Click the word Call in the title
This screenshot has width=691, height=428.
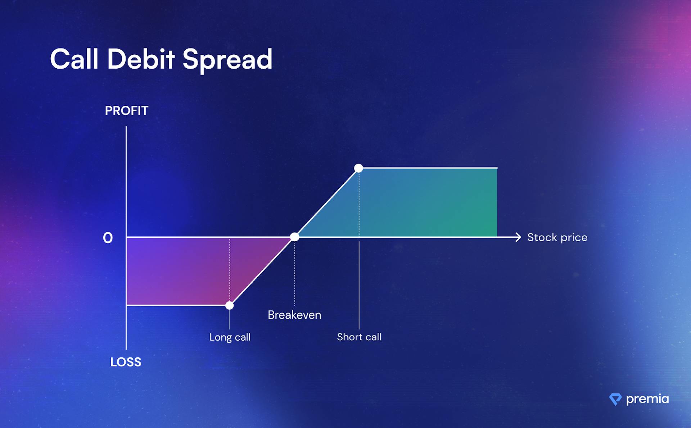(x=74, y=59)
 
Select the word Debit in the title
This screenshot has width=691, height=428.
(x=141, y=59)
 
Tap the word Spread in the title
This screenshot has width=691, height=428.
(x=227, y=60)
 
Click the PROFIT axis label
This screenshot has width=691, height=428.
(x=126, y=110)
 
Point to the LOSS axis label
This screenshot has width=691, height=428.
(x=126, y=362)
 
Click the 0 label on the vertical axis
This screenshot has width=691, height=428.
(x=108, y=238)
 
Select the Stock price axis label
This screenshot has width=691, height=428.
(x=557, y=238)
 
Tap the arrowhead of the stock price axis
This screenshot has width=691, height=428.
(x=518, y=237)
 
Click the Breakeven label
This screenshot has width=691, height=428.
(x=294, y=315)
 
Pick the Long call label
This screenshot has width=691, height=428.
(x=230, y=337)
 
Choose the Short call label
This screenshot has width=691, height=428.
(x=359, y=337)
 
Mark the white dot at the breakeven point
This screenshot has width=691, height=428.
(x=294, y=237)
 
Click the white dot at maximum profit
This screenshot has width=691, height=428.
(x=358, y=168)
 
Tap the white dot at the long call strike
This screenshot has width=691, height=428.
(x=229, y=305)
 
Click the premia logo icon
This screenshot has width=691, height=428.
(x=615, y=399)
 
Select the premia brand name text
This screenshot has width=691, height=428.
(x=647, y=399)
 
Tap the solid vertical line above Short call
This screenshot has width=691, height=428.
(x=359, y=285)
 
